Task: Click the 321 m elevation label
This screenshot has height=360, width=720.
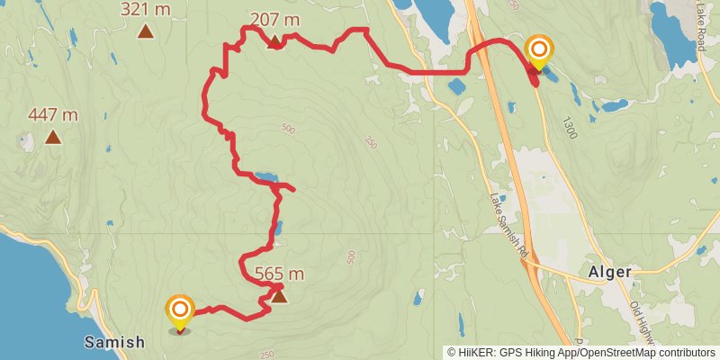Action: click(146, 10)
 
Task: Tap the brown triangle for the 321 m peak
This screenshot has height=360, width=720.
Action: click(146, 32)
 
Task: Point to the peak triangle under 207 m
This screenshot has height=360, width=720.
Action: click(275, 40)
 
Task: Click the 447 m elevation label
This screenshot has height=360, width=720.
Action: click(53, 114)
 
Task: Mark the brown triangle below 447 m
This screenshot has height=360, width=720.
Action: click(53, 138)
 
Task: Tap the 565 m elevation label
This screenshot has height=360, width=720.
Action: click(279, 274)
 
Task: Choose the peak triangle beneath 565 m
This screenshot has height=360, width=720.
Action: click(279, 296)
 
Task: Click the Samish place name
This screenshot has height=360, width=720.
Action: click(114, 342)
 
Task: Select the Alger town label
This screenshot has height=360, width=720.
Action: click(610, 272)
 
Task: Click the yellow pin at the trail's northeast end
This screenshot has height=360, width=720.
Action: click(539, 52)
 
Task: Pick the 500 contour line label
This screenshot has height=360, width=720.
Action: click(287, 130)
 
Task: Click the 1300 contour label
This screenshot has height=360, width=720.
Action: click(569, 124)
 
